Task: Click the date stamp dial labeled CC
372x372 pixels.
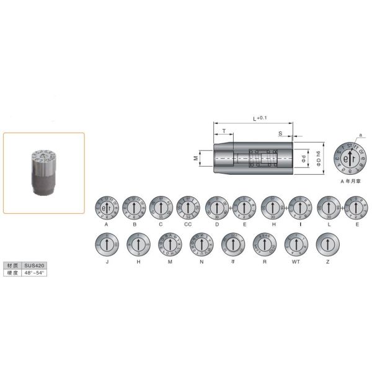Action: (x=188, y=207)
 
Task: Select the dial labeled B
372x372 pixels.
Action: (x=135, y=207)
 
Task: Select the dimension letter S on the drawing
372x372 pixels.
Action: (x=280, y=133)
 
